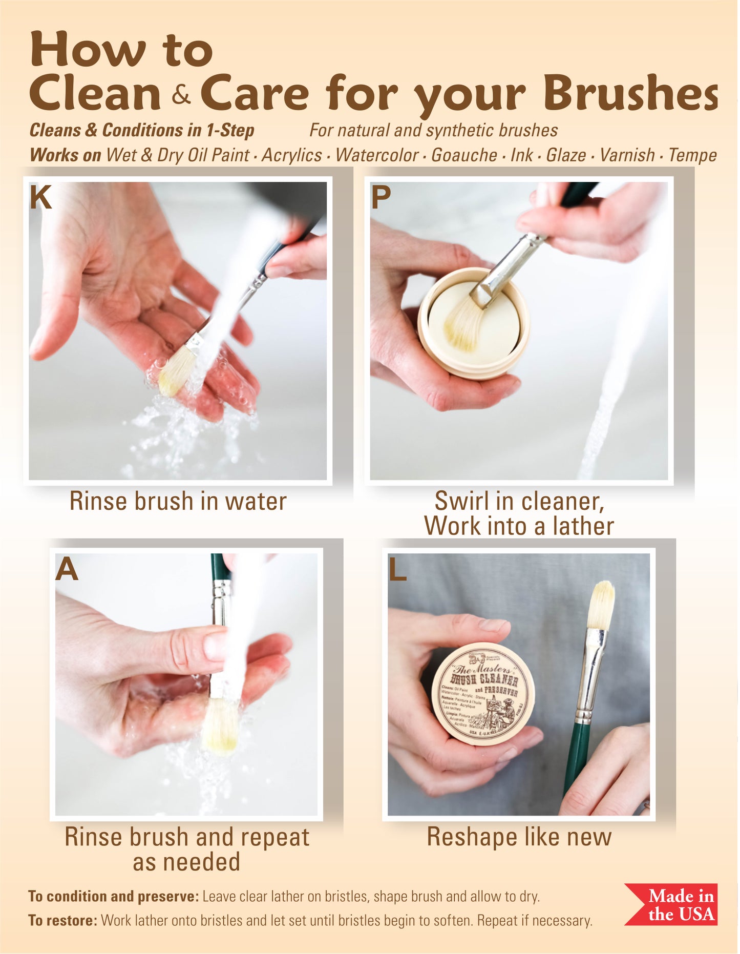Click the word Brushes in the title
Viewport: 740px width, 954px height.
coord(630,94)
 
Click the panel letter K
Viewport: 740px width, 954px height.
coord(40,197)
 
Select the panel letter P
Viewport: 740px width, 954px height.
coord(380,197)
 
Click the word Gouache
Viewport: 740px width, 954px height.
coord(464,155)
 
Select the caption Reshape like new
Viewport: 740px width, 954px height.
coord(519,837)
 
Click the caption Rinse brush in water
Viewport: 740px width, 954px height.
coord(178,501)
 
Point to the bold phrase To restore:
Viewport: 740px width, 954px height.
coord(62,920)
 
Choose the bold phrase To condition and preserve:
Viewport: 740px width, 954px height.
coord(113,896)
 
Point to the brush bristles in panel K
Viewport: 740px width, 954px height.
coord(175,371)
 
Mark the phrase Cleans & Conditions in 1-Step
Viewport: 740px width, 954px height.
coord(142,130)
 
